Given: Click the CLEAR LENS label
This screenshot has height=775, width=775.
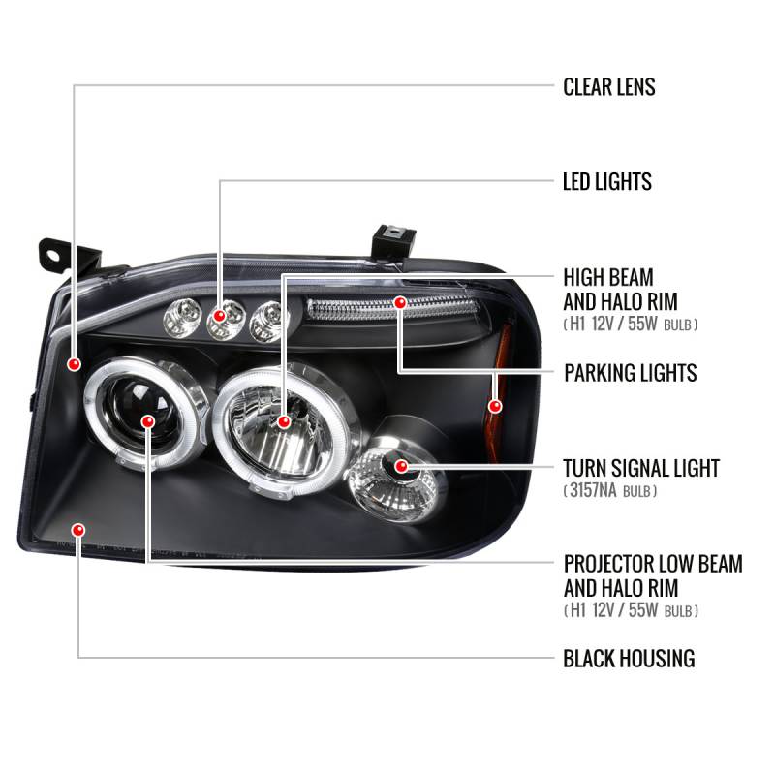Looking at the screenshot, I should tap(608, 87).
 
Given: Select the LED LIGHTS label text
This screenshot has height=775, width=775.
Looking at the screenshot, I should tap(606, 181).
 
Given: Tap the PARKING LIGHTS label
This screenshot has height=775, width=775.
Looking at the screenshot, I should tap(630, 373).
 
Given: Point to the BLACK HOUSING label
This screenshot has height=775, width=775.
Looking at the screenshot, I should tap(629, 659).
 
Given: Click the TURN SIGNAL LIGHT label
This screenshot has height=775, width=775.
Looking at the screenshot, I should tap(641, 469).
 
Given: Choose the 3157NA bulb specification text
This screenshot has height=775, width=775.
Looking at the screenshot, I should tap(610, 492).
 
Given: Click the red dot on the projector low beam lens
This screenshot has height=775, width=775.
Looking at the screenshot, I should tap(147, 421).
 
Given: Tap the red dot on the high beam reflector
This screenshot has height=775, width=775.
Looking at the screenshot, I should tap(283, 421).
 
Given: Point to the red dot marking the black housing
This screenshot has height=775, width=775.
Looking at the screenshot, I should tap(78, 529).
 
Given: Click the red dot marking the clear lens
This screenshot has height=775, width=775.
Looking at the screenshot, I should tap(75, 363).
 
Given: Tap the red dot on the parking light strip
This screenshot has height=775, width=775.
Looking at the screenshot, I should tap(399, 303).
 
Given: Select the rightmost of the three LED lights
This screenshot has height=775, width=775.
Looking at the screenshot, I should tap(266, 320).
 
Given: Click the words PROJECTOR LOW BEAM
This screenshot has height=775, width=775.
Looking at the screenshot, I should tap(652, 564).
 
